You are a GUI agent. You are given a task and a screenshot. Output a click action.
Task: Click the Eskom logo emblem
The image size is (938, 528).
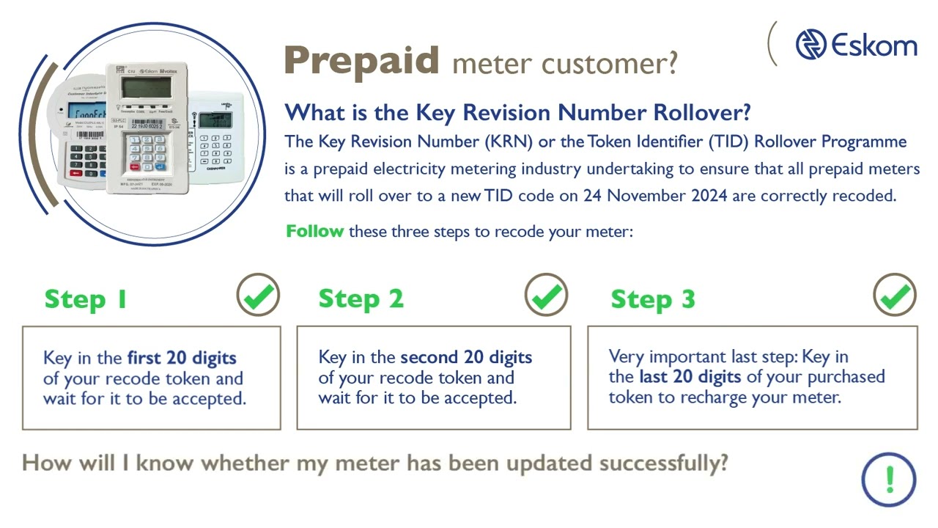pos(810,45)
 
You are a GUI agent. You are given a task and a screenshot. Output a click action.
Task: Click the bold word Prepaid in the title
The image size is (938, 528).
pos(361,60)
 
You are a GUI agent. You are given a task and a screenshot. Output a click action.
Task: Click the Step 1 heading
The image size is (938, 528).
pos(86,299)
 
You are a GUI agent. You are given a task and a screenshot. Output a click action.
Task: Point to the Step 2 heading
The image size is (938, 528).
pos(361,299)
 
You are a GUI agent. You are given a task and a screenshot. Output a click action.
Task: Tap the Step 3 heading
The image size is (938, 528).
pos(652,299)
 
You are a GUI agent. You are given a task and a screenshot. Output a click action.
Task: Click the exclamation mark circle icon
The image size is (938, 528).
pos(889,480)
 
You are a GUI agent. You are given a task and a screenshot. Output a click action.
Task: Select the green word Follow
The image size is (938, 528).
pos(314,231)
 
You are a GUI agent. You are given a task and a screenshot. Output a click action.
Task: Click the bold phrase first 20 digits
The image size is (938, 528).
pos(182,358)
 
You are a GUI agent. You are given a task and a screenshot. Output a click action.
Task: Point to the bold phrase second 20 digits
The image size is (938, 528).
pos(466,357)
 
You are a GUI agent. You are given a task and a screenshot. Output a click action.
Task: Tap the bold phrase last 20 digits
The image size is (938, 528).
pos(689,377)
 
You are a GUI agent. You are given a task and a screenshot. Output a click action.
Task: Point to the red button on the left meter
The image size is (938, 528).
pos(75,172)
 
